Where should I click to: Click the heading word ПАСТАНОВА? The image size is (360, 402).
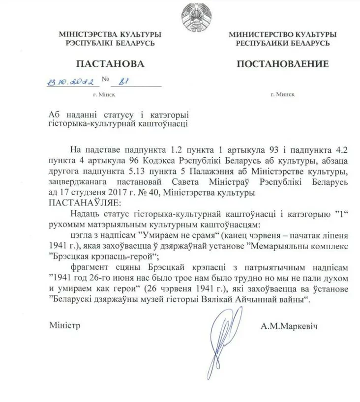point(103,64)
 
